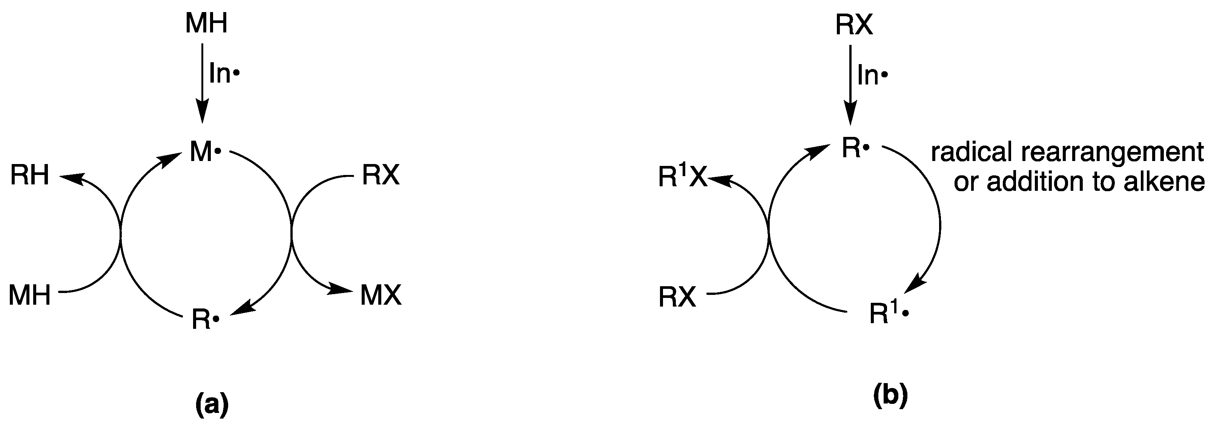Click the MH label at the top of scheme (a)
(206, 24)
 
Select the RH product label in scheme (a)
(30, 176)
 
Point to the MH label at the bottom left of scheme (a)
(30, 296)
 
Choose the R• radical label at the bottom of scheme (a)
(206, 320)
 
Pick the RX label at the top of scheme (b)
(854, 26)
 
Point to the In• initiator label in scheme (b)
(872, 75)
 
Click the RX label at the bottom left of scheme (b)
(677, 298)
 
